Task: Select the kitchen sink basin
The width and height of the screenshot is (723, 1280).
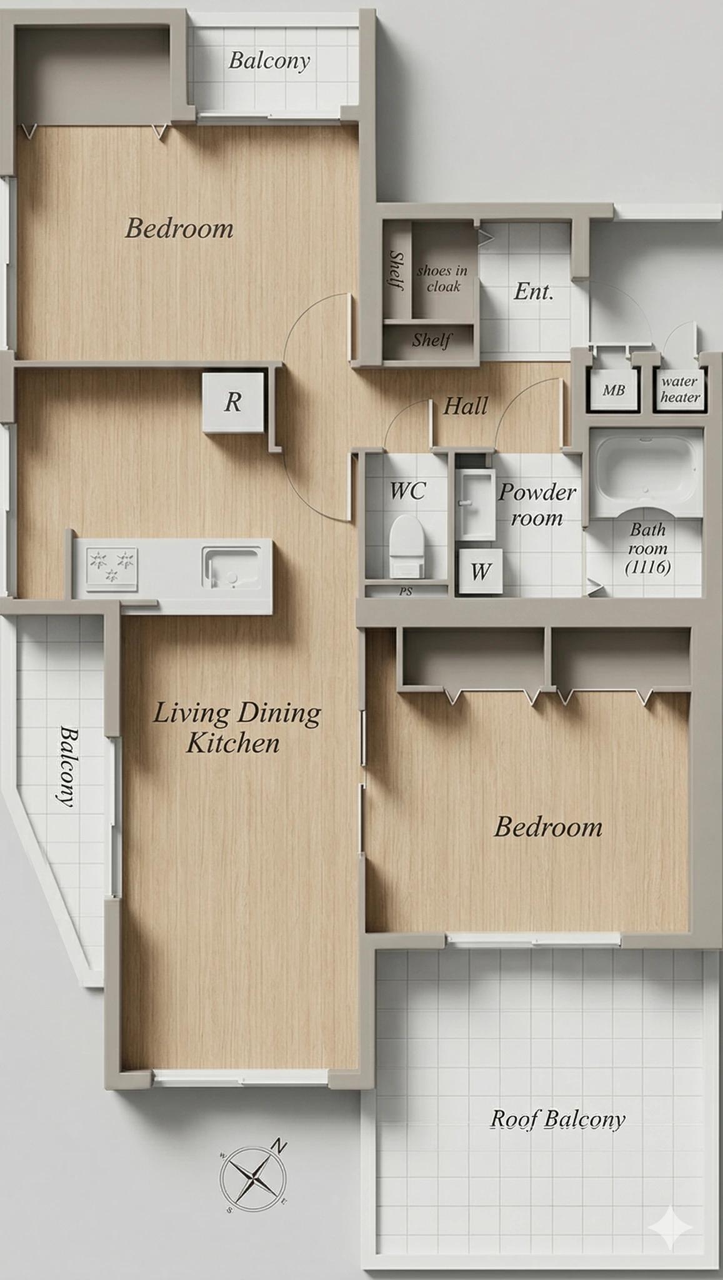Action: pyautogui.click(x=231, y=567)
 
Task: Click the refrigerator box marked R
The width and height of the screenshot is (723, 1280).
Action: pyautogui.click(x=233, y=402)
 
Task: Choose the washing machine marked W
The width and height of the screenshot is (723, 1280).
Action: pyautogui.click(x=480, y=571)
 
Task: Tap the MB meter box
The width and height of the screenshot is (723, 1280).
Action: pyautogui.click(x=614, y=390)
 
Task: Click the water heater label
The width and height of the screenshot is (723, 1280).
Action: pyautogui.click(x=681, y=389)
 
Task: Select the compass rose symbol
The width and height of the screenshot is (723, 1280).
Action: pyautogui.click(x=253, y=1179)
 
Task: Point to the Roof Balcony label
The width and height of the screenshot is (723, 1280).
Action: pyautogui.click(x=557, y=1119)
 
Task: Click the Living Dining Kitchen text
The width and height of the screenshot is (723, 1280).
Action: pyautogui.click(x=236, y=727)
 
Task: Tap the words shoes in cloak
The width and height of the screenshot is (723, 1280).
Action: pyautogui.click(x=442, y=278)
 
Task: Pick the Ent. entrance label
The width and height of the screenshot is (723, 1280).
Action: pyautogui.click(x=534, y=291)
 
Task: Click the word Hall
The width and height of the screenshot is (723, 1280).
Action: pyautogui.click(x=466, y=406)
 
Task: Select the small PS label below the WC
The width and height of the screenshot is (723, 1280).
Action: pyautogui.click(x=406, y=591)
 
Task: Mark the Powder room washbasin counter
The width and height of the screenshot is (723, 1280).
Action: pyautogui.click(x=475, y=505)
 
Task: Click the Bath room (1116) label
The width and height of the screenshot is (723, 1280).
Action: pyautogui.click(x=647, y=548)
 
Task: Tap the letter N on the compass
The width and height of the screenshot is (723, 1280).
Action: pyautogui.click(x=279, y=1146)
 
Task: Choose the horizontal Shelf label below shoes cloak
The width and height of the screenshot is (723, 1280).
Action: pyautogui.click(x=431, y=340)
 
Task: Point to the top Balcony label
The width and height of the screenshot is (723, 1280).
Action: pyautogui.click(x=269, y=61)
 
